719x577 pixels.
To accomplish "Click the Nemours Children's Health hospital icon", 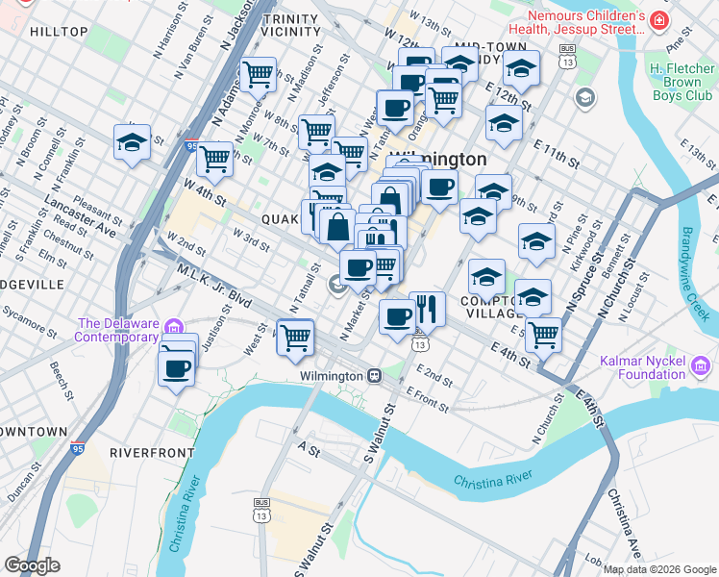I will click(x=658, y=20).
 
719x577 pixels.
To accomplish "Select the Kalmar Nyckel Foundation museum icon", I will click(x=700, y=366).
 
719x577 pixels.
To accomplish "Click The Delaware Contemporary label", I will click(x=117, y=330).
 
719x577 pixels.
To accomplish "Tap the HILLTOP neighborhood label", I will click(x=59, y=32).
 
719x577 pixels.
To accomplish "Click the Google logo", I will click(x=32, y=565).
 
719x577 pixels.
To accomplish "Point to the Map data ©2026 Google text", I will click(x=660, y=569).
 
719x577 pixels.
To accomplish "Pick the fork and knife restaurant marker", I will click(x=427, y=310).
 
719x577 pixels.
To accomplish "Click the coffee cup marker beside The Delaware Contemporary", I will click(x=177, y=366).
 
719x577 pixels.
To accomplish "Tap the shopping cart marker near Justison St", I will click(x=295, y=337).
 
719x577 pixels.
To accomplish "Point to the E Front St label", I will click(x=429, y=395).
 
